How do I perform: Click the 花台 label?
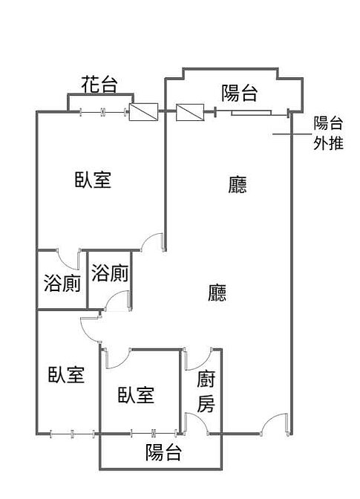(x=99, y=85)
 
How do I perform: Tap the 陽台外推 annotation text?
(x=328, y=133)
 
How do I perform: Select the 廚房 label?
(x=206, y=391)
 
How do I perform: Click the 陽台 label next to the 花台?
(x=239, y=93)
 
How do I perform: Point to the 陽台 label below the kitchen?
(x=163, y=452)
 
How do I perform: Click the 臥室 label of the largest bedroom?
(x=93, y=180)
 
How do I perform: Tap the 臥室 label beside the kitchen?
(x=136, y=395)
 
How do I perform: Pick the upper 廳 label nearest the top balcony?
(x=238, y=185)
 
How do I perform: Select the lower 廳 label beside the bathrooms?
(x=217, y=293)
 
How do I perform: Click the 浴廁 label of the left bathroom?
(x=62, y=283)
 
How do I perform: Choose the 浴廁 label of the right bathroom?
(x=110, y=273)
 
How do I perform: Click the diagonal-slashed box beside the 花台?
(x=143, y=112)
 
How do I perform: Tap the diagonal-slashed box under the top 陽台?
(x=190, y=112)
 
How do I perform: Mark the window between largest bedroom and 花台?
(x=102, y=112)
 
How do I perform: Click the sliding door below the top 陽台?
(x=251, y=112)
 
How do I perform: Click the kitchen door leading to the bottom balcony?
(x=197, y=424)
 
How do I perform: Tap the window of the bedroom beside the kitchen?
(x=154, y=433)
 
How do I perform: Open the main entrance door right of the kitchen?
(x=275, y=424)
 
